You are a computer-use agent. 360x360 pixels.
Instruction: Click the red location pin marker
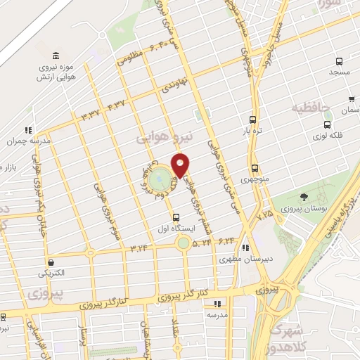click(181, 165)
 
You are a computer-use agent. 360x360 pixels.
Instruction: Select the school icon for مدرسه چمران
click(28, 129)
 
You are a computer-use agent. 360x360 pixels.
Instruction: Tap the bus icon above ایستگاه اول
click(176, 217)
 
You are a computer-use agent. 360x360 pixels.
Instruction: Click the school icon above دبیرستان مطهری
click(245, 247)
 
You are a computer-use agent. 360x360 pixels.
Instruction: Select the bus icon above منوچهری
click(254, 168)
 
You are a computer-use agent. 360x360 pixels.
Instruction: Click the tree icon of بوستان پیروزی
click(304, 197)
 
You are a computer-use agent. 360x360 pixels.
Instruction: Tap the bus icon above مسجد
click(340, 61)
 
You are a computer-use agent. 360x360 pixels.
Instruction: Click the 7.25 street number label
click(265, 210)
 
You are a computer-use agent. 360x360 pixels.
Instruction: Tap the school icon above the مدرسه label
click(217, 304)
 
